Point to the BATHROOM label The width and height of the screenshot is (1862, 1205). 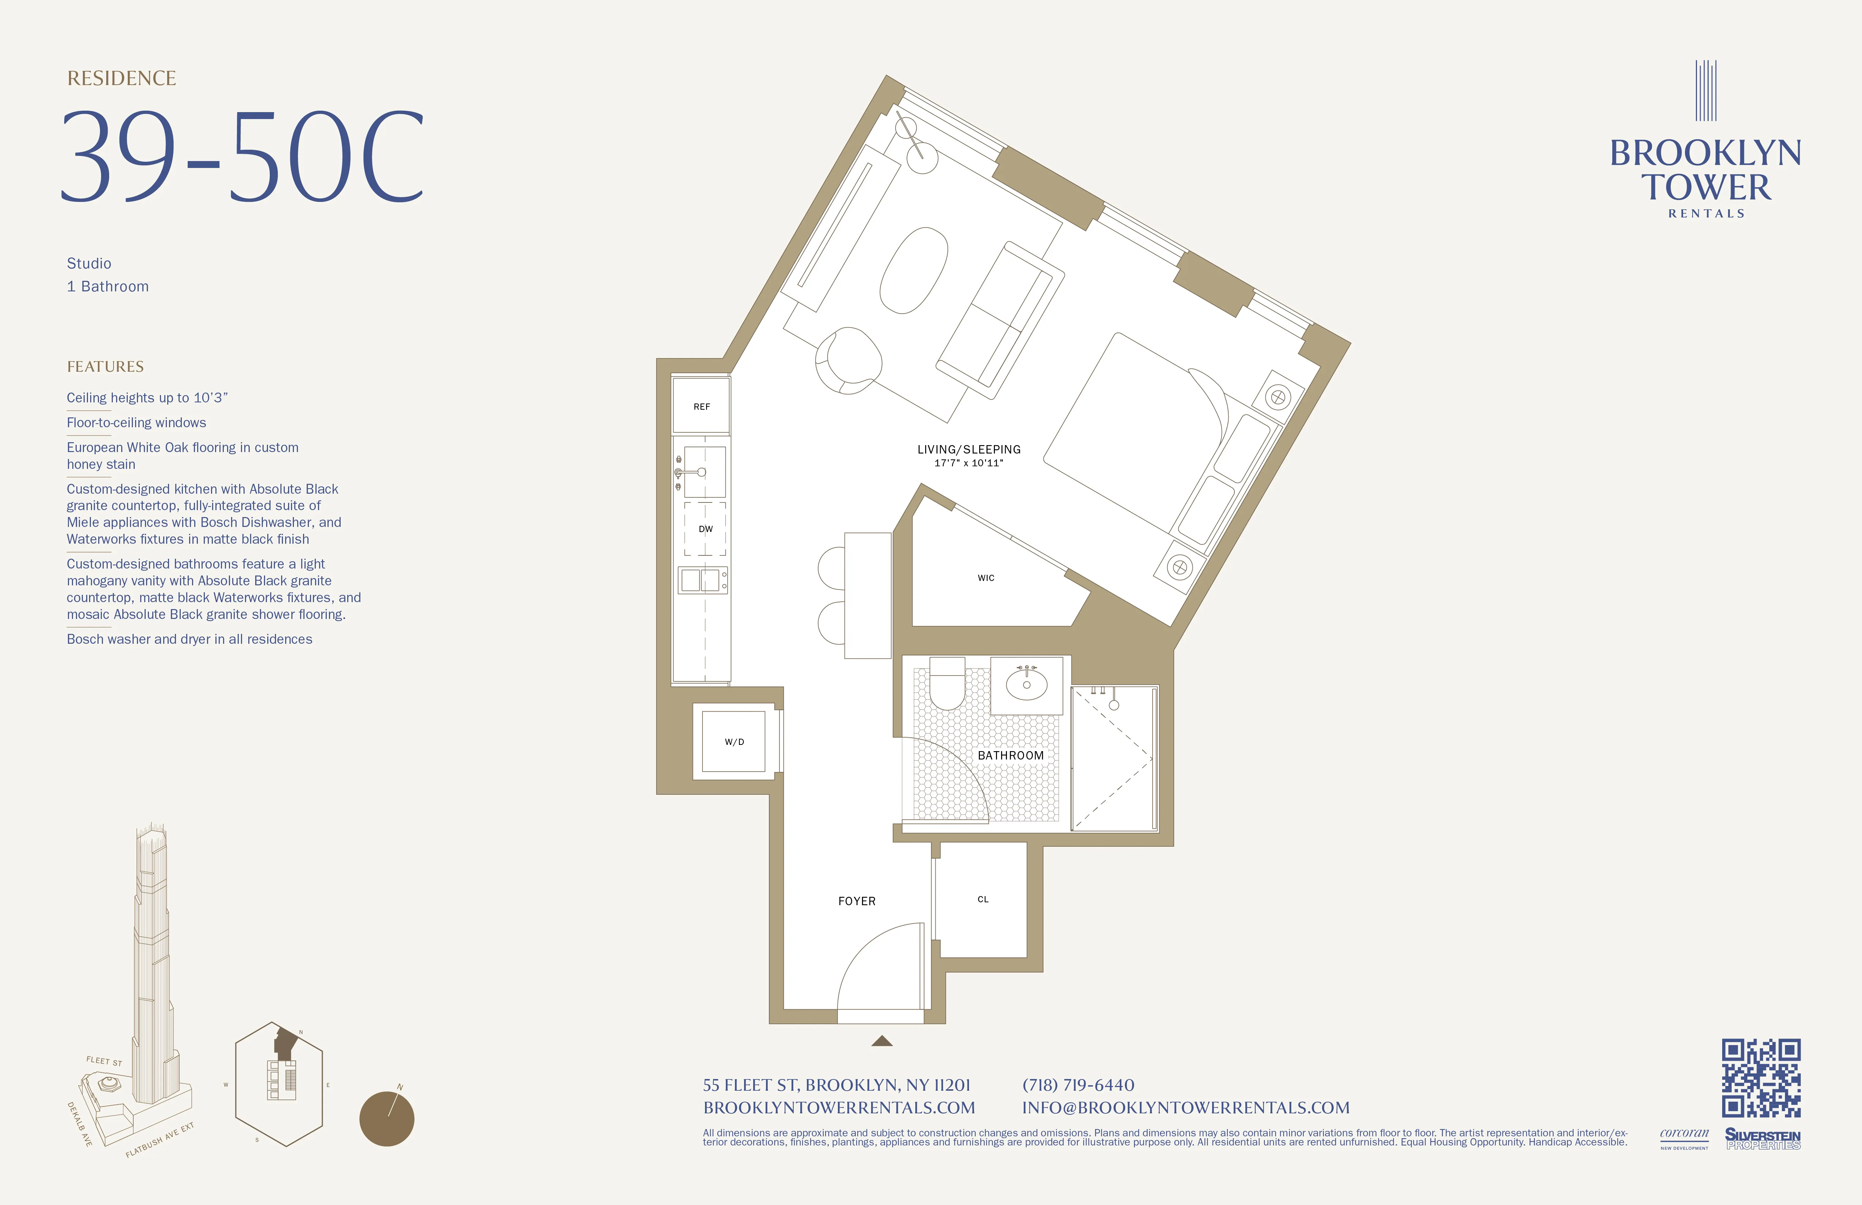click(x=1010, y=755)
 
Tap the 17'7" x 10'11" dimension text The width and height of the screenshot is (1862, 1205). click(x=969, y=463)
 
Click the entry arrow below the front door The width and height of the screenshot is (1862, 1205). click(x=882, y=1041)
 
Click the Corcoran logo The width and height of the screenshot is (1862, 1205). click(x=1685, y=1137)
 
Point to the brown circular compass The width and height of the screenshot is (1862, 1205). click(x=387, y=1119)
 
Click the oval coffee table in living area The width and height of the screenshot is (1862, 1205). click(x=914, y=270)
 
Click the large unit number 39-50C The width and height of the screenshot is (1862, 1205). click(x=242, y=157)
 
